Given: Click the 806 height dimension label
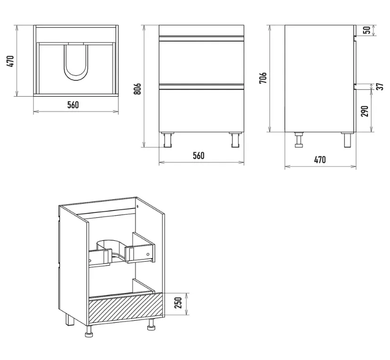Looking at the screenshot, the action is click(x=137, y=89).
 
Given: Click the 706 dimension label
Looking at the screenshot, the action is click(x=263, y=78).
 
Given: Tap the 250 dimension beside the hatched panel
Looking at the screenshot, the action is click(x=178, y=302).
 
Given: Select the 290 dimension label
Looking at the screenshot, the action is click(x=364, y=111).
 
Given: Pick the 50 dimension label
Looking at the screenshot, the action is click(x=367, y=30).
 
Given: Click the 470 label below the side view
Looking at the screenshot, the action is click(x=320, y=159).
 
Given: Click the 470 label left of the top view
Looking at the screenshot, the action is click(x=10, y=61).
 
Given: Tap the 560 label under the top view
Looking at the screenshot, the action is click(x=73, y=105).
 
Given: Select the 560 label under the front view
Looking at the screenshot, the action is click(x=199, y=156).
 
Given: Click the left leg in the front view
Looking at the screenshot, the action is click(x=167, y=140).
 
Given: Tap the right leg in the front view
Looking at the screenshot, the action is click(x=235, y=140).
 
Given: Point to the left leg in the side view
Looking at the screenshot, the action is click(x=299, y=140).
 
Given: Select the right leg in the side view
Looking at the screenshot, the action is click(x=348, y=140).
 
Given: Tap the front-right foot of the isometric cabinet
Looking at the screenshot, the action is click(x=151, y=325).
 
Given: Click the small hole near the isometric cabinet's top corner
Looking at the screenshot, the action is click(x=137, y=207).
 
